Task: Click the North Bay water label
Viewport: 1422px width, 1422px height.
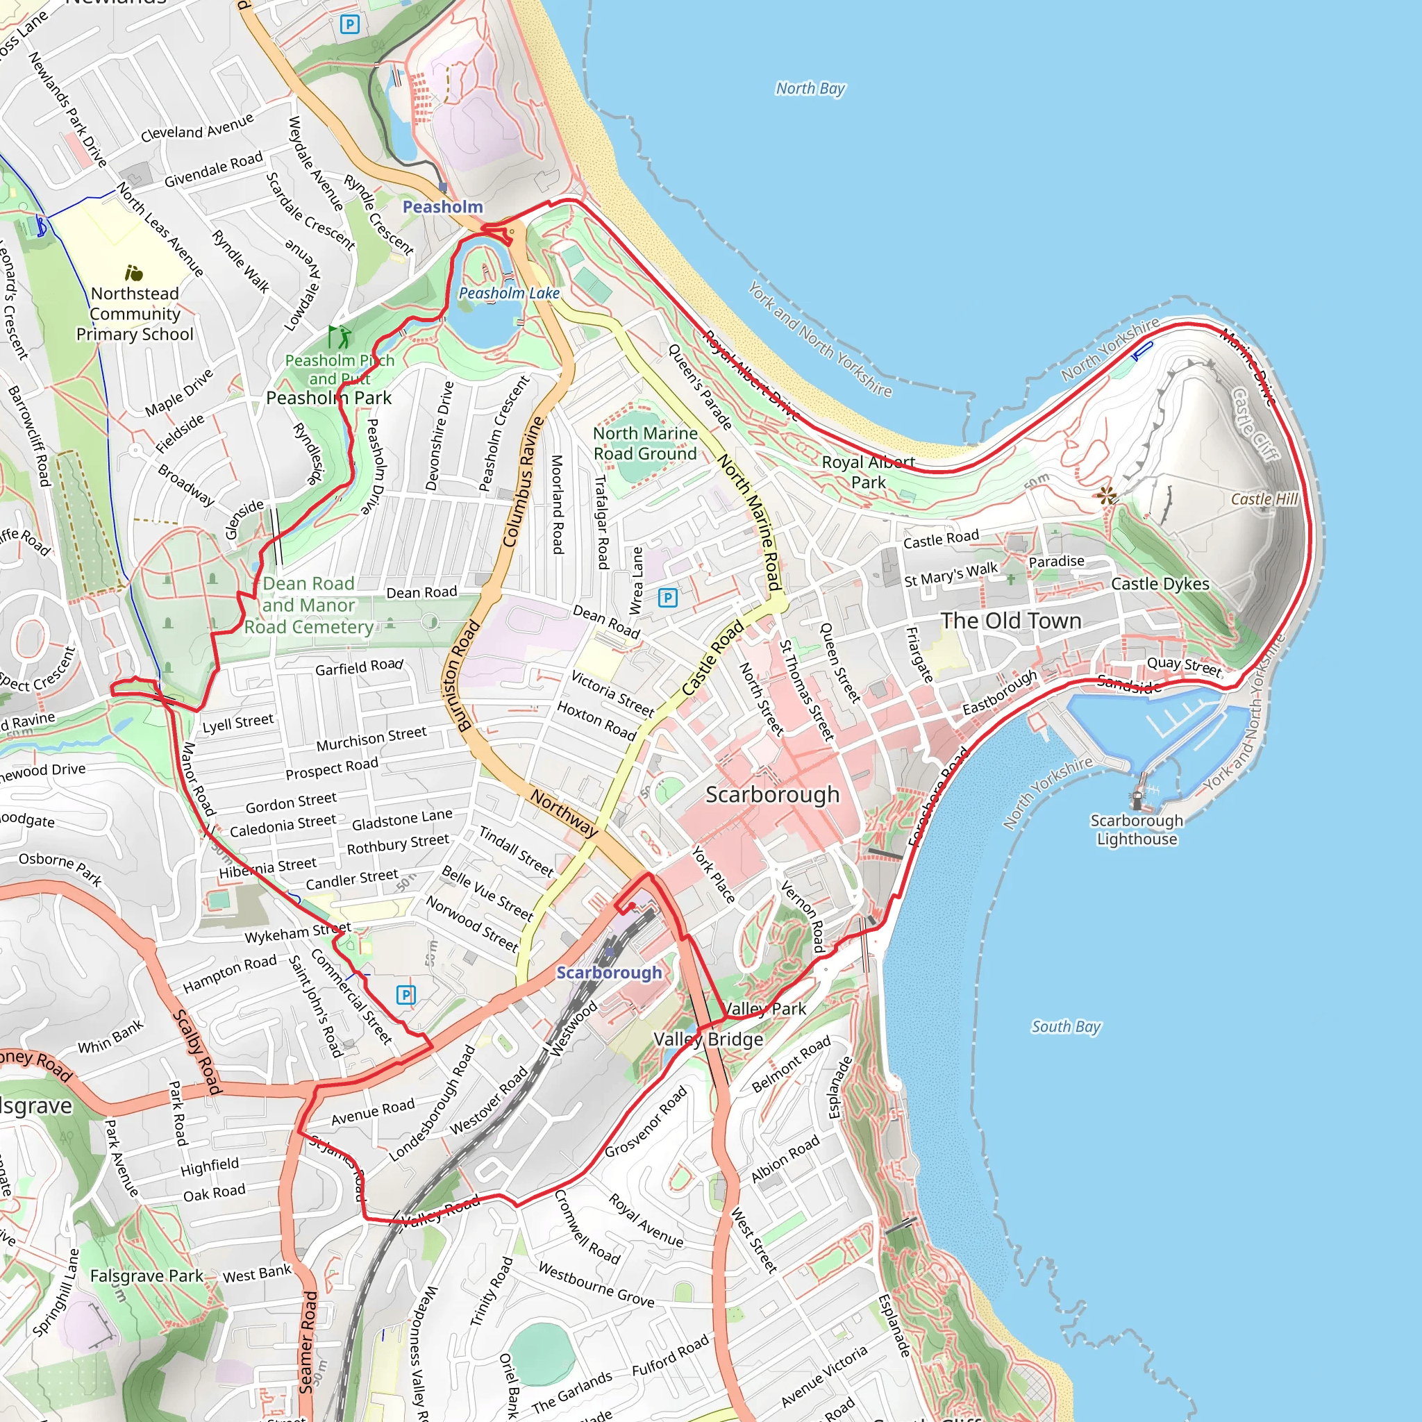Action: click(x=810, y=89)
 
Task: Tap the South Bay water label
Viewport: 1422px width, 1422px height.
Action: click(x=1065, y=1027)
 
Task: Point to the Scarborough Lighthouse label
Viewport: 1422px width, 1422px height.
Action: click(x=1137, y=830)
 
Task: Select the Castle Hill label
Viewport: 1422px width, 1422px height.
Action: click(x=1264, y=499)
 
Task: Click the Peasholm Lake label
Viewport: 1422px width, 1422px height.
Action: click(x=510, y=294)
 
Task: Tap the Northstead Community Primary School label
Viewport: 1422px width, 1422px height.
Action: click(x=135, y=314)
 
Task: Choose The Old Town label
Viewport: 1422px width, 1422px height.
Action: click(x=1010, y=621)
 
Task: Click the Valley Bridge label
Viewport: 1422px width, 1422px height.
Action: click(x=708, y=1039)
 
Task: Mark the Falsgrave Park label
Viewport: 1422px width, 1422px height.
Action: click(x=147, y=1275)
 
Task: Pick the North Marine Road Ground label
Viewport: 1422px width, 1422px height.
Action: click(x=645, y=443)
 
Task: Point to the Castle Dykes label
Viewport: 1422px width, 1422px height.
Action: click(x=1160, y=584)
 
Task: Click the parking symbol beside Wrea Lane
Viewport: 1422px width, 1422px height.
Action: click(x=667, y=597)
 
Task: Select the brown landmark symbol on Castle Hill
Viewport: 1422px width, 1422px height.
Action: click(x=1105, y=495)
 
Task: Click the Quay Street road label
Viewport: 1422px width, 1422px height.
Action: click(x=1184, y=666)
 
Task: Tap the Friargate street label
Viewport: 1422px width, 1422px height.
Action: click(x=919, y=654)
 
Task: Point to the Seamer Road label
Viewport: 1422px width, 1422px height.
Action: click(x=308, y=1341)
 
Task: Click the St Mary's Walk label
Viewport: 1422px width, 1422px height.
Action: click(x=951, y=574)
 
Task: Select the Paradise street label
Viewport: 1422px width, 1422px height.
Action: click(x=1056, y=562)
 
